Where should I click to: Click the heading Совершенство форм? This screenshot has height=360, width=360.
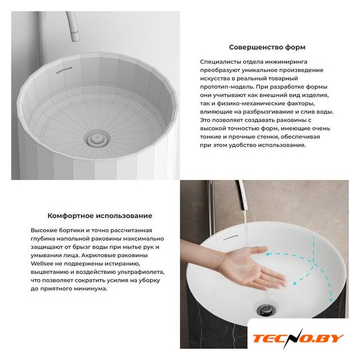(267, 47)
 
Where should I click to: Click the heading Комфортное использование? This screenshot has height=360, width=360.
(100, 216)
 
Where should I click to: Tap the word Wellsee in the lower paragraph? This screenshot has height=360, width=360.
(39, 264)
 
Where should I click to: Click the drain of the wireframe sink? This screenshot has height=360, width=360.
(97, 138)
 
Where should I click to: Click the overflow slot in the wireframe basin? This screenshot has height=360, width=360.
(64, 70)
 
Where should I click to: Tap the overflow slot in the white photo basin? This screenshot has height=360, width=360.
(231, 237)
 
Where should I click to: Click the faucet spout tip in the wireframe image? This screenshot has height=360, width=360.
(75, 37)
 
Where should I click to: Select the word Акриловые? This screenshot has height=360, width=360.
(98, 255)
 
